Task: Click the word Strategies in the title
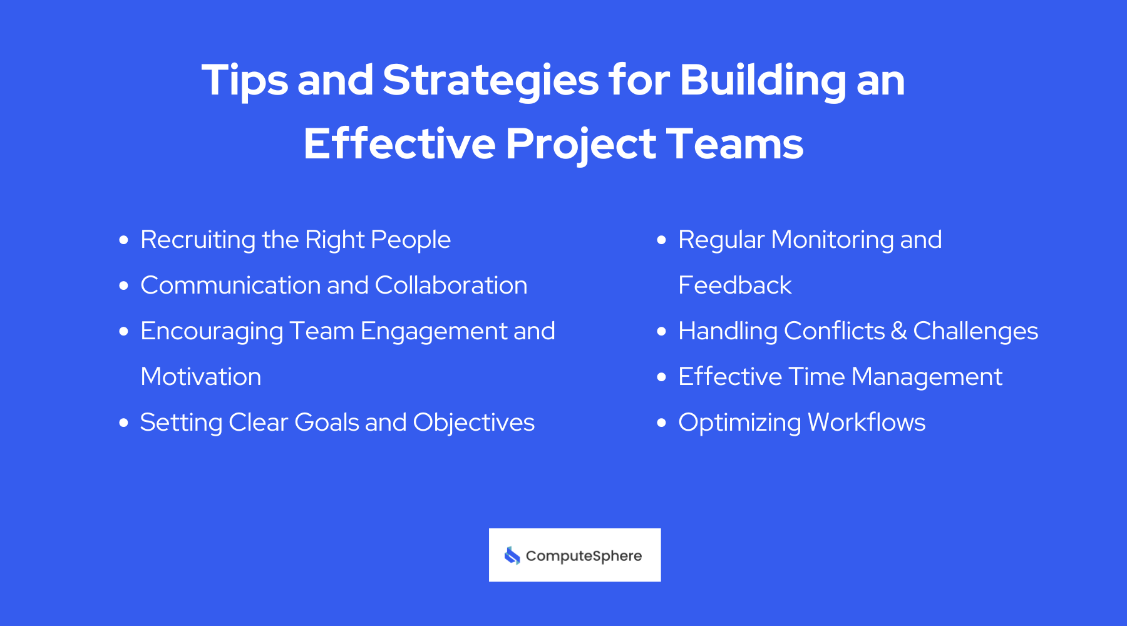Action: pos(490,81)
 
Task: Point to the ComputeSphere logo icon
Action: pos(512,555)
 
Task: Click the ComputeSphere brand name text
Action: pos(584,556)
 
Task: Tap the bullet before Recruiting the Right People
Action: pos(124,240)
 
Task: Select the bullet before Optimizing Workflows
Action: pos(662,423)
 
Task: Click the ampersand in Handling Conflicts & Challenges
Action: pos(898,331)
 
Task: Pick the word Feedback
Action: pos(735,285)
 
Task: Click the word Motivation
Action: pos(201,377)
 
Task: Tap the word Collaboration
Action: pos(451,285)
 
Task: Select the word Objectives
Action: pos(474,423)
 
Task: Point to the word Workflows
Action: pos(867,423)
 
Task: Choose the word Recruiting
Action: pos(198,240)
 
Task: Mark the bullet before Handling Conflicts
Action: pos(662,332)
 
